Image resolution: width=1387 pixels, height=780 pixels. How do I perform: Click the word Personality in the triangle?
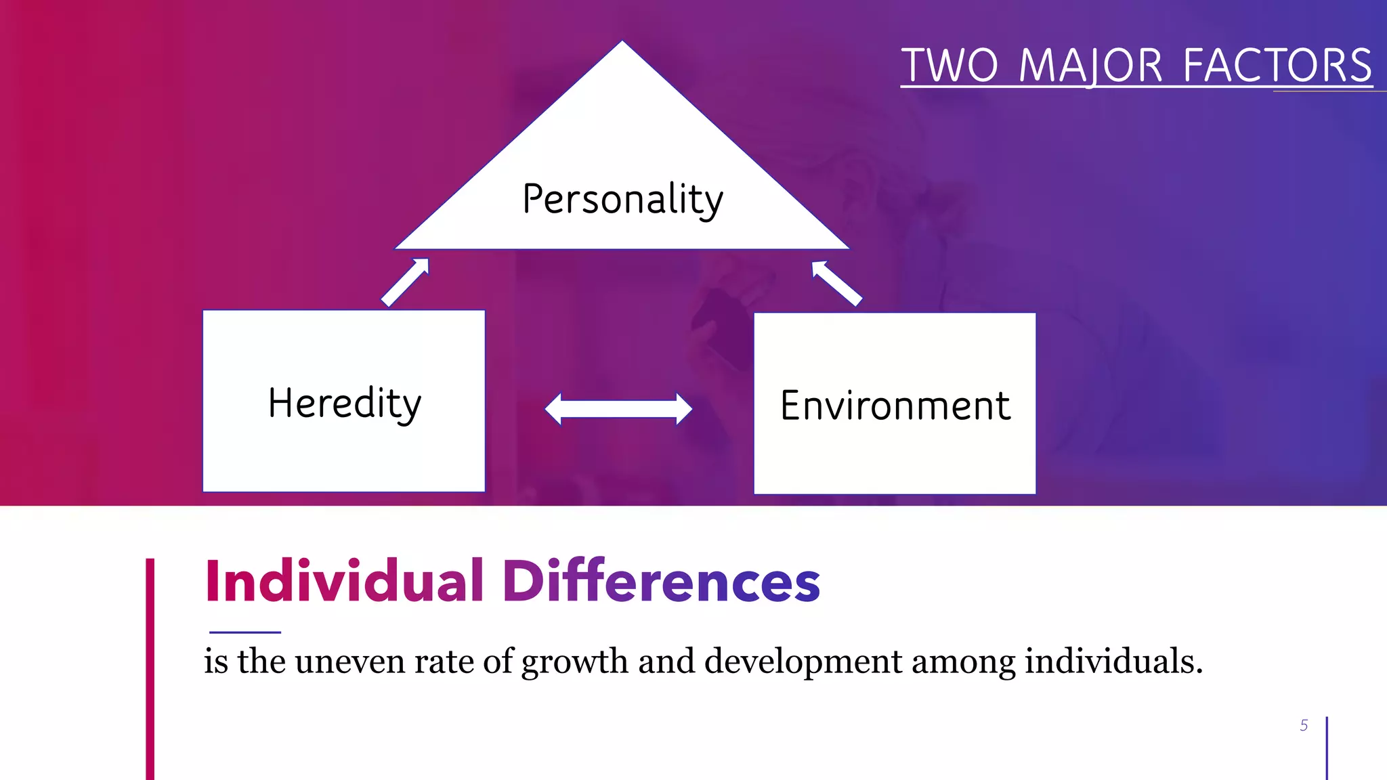click(x=622, y=199)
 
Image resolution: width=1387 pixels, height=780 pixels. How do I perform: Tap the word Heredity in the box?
click(x=345, y=404)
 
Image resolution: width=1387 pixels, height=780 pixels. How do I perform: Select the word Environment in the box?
click(x=895, y=406)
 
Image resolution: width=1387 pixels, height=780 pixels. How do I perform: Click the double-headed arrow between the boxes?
click(x=618, y=409)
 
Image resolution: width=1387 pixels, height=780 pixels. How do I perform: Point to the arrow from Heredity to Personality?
click(x=406, y=282)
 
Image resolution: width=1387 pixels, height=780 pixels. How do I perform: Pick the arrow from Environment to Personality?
click(x=836, y=283)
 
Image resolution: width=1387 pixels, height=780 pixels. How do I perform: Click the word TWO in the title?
click(x=949, y=66)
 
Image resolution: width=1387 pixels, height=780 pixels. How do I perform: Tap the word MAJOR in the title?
click(x=1090, y=66)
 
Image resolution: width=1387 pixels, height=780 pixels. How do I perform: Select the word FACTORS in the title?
click(x=1277, y=66)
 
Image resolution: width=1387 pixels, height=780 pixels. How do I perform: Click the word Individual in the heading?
click(x=344, y=581)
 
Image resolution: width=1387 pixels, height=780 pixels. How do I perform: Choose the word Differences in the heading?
click(x=661, y=581)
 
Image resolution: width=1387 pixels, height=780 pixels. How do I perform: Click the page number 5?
click(x=1304, y=725)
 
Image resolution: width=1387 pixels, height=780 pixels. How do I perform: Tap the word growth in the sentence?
click(x=575, y=662)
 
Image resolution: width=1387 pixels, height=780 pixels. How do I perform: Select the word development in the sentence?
click(x=803, y=662)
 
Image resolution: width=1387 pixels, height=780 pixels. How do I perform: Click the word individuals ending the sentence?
click(x=1113, y=662)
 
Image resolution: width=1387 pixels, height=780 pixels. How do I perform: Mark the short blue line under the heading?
click(x=245, y=632)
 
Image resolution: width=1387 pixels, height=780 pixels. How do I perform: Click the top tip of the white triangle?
click(x=622, y=43)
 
